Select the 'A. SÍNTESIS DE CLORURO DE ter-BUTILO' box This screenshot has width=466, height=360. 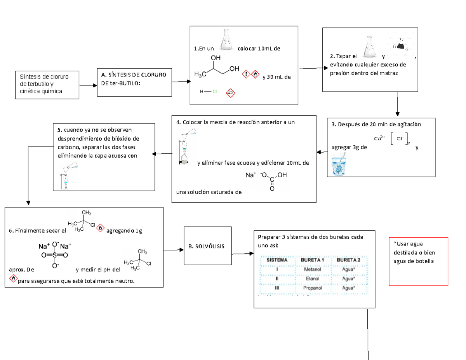tap(134, 82)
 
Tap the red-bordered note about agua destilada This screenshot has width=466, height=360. tap(418, 261)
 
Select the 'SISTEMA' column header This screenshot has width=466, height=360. tap(277, 259)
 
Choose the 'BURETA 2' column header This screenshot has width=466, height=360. tap(348, 259)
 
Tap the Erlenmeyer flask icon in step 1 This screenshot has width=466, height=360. tap(226, 41)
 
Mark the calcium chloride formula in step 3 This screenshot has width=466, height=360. tap(392, 139)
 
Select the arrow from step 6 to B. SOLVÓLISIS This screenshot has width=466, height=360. tap(173, 250)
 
